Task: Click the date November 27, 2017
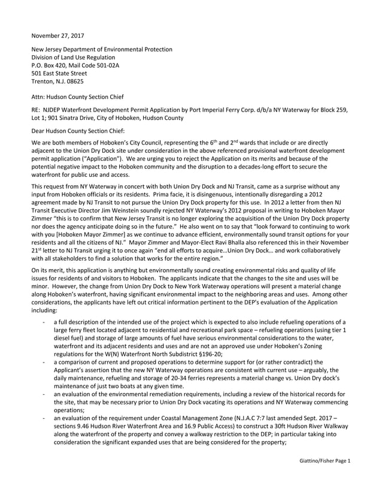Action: pos(58,35)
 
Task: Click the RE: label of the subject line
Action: pos(37,111)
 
